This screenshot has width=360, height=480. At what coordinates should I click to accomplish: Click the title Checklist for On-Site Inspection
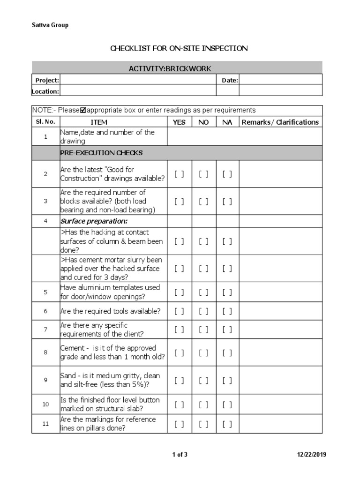click(x=179, y=48)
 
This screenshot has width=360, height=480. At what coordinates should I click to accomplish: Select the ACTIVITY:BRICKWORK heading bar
click(x=177, y=68)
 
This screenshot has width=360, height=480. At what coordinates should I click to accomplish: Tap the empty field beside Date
click(x=280, y=80)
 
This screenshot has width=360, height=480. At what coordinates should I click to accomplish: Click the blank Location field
click(x=191, y=91)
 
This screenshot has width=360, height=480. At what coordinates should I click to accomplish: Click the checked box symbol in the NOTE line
click(x=83, y=111)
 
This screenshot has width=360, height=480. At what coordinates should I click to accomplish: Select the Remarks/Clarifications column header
click(x=280, y=122)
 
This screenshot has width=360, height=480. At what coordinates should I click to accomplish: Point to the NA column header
click(x=227, y=122)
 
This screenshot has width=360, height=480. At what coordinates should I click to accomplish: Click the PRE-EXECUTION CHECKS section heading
click(x=102, y=153)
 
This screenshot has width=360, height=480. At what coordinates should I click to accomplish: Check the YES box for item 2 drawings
click(x=179, y=174)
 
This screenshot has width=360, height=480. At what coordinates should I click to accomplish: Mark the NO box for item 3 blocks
click(x=203, y=201)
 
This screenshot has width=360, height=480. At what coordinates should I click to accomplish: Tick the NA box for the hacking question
click(x=227, y=241)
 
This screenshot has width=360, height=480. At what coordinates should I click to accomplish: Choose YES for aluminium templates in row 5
click(x=179, y=292)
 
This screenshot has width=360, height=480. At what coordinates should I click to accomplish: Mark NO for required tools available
click(x=203, y=311)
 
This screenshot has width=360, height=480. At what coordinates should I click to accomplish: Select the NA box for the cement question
click(x=227, y=352)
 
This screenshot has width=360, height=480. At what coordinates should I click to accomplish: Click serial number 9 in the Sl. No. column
click(x=45, y=380)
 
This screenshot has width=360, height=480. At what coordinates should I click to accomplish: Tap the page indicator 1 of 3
click(x=180, y=454)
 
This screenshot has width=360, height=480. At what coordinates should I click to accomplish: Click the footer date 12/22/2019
click(x=312, y=454)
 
